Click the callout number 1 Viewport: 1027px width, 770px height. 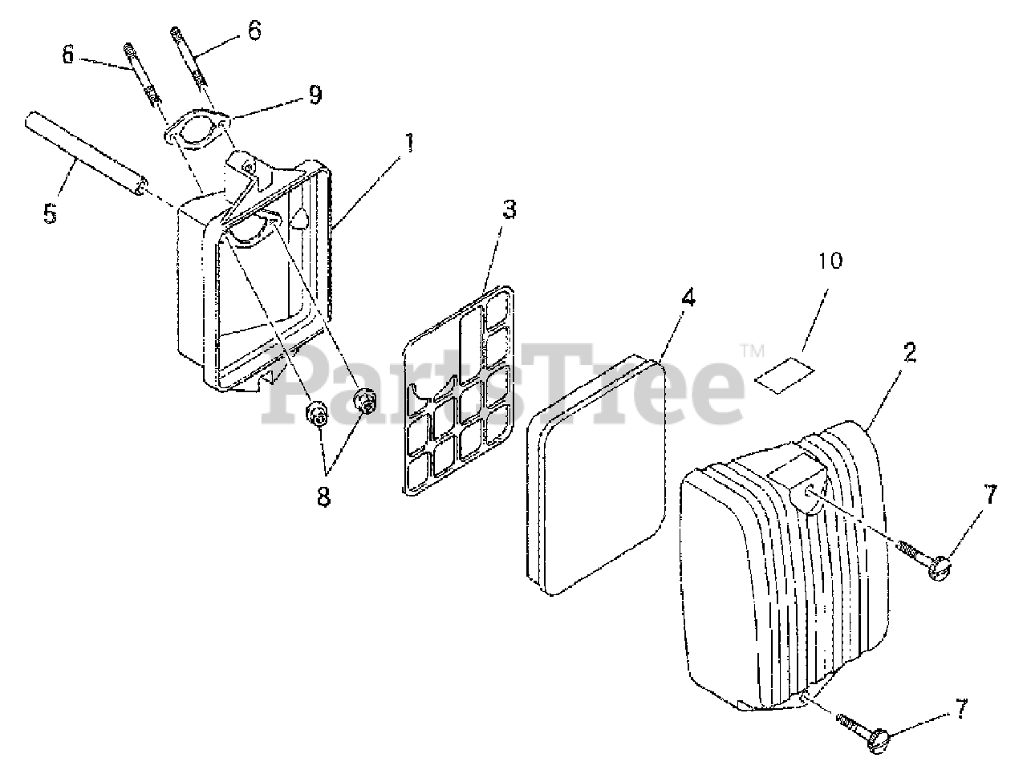click(x=409, y=144)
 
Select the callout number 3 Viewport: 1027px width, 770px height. click(x=509, y=210)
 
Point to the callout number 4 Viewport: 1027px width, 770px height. click(x=687, y=298)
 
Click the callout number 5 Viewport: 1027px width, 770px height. click(x=51, y=216)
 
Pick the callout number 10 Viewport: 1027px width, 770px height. click(x=831, y=261)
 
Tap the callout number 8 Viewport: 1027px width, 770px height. click(x=323, y=496)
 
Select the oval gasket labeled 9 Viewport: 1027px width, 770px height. click(x=197, y=128)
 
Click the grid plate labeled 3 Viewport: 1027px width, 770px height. click(x=457, y=393)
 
